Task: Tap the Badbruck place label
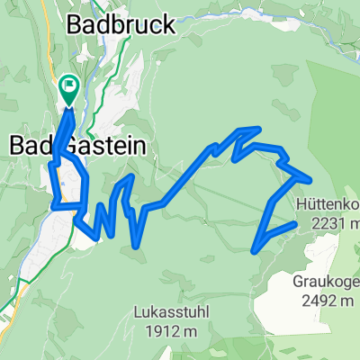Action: [121, 25]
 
